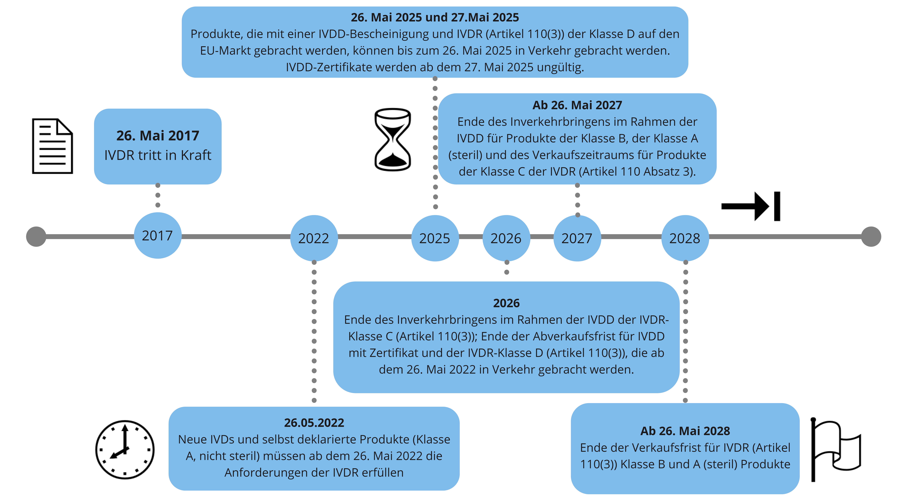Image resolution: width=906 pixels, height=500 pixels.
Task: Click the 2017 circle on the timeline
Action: [158, 236]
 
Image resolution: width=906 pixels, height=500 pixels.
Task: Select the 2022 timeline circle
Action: [314, 238]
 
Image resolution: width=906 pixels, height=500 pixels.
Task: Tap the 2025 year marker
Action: [435, 238]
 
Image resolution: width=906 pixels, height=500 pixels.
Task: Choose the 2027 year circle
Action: [577, 238]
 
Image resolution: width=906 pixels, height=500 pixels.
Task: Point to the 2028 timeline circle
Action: [685, 238]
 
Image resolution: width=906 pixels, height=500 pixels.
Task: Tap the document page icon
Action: [52, 146]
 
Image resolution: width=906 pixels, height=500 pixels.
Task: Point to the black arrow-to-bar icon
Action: [751, 206]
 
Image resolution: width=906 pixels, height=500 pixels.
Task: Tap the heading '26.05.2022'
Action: [314, 423]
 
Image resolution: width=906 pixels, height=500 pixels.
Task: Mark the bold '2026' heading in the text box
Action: [506, 303]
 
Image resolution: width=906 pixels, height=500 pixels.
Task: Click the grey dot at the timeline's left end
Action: [36, 237]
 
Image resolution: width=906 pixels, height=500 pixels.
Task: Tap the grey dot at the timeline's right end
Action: [871, 237]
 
